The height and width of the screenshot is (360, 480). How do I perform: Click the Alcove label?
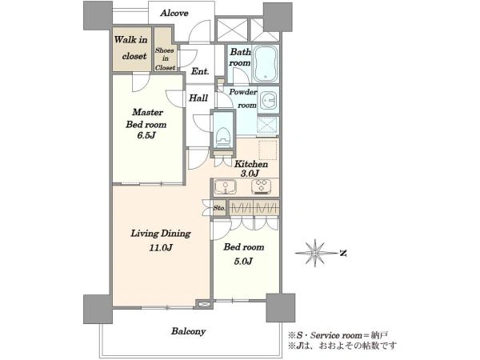click(x=174, y=13)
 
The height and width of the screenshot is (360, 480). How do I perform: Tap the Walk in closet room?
click(x=132, y=50)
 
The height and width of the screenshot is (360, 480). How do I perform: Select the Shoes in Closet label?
click(x=165, y=58)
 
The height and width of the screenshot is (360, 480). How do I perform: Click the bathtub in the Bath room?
click(x=266, y=64)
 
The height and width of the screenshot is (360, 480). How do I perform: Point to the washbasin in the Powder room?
click(x=268, y=100)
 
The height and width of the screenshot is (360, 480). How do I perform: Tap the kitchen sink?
click(x=226, y=187)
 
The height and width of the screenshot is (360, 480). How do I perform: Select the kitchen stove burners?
click(x=261, y=186)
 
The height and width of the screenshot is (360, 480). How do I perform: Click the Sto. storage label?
click(x=219, y=208)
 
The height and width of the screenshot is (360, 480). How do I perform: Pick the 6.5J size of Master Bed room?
click(x=146, y=135)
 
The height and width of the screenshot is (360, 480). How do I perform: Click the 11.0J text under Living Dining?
click(x=161, y=248)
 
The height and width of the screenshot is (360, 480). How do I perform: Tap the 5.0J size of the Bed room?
click(x=243, y=261)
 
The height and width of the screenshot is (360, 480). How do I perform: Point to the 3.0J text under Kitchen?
click(x=250, y=174)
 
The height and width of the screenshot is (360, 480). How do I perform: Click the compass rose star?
click(x=315, y=253)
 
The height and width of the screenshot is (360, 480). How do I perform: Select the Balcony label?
click(x=188, y=331)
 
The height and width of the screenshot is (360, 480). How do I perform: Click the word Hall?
click(x=198, y=98)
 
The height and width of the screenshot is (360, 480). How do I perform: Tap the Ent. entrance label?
click(x=200, y=71)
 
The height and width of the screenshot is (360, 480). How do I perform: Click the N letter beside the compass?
click(x=343, y=253)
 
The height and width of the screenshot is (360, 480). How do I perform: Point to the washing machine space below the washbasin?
click(x=268, y=126)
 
